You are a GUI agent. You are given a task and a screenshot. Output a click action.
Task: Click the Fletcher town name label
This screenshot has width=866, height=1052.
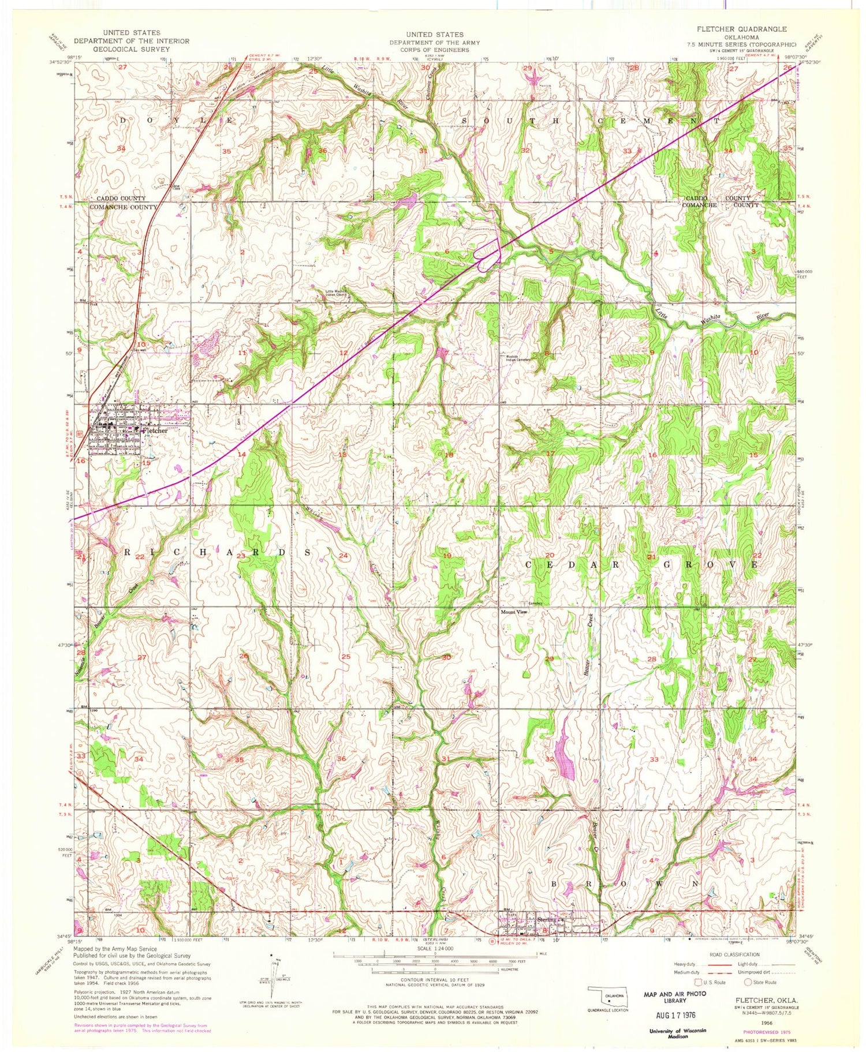tap(154, 430)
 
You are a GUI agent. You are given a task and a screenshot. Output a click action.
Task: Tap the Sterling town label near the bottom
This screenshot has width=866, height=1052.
tap(546, 919)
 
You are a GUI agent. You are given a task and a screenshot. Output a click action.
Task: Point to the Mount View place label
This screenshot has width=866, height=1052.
tap(514, 612)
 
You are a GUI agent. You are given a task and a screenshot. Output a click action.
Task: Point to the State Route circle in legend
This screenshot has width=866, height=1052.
tap(748, 982)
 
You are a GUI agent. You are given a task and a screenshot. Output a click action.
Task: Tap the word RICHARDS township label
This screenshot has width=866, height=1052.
tap(219, 552)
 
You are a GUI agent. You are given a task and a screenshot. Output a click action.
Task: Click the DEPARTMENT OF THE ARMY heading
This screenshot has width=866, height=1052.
tap(434, 42)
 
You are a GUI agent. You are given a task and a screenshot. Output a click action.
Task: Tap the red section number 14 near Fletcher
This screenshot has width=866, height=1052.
tap(242, 454)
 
